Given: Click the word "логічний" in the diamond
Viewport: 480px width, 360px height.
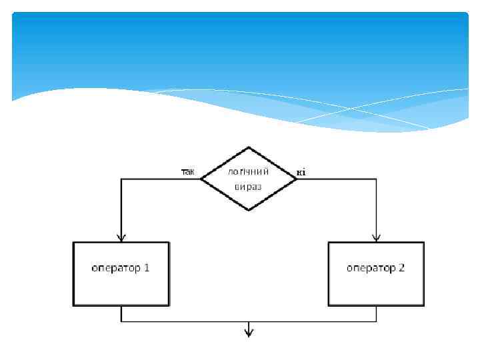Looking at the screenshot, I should click(248, 171).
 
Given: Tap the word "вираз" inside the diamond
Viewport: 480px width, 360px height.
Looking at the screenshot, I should click(248, 186).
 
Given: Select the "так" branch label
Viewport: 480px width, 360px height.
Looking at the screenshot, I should click(188, 171).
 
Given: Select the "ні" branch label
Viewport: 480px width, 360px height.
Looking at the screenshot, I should click(301, 172).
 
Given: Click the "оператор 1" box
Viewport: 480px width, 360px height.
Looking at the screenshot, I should click(121, 273).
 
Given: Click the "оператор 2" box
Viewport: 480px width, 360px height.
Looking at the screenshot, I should click(376, 273).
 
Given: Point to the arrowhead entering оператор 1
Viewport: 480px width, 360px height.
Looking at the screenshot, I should click(121, 237).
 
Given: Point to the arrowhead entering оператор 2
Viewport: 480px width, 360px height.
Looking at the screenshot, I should click(377, 237).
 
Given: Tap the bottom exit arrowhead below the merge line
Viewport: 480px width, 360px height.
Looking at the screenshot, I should click(249, 332).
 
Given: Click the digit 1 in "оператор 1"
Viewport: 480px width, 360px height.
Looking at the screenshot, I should click(146, 268).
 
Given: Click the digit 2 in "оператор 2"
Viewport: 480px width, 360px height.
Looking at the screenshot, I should click(401, 268).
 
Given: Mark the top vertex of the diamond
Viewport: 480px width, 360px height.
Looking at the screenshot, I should click(249, 147).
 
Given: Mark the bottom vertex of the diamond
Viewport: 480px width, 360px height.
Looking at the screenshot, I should click(249, 211).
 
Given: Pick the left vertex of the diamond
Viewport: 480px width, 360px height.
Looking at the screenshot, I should click(201, 179).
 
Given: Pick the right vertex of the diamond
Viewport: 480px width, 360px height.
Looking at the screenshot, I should click(296, 179).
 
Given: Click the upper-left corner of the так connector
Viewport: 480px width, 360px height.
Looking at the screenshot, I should click(121, 179).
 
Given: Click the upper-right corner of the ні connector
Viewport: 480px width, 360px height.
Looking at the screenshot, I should click(377, 179).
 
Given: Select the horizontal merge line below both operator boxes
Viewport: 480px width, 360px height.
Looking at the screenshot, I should click(200, 321).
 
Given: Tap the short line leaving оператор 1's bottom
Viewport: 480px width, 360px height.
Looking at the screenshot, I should click(121, 314).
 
